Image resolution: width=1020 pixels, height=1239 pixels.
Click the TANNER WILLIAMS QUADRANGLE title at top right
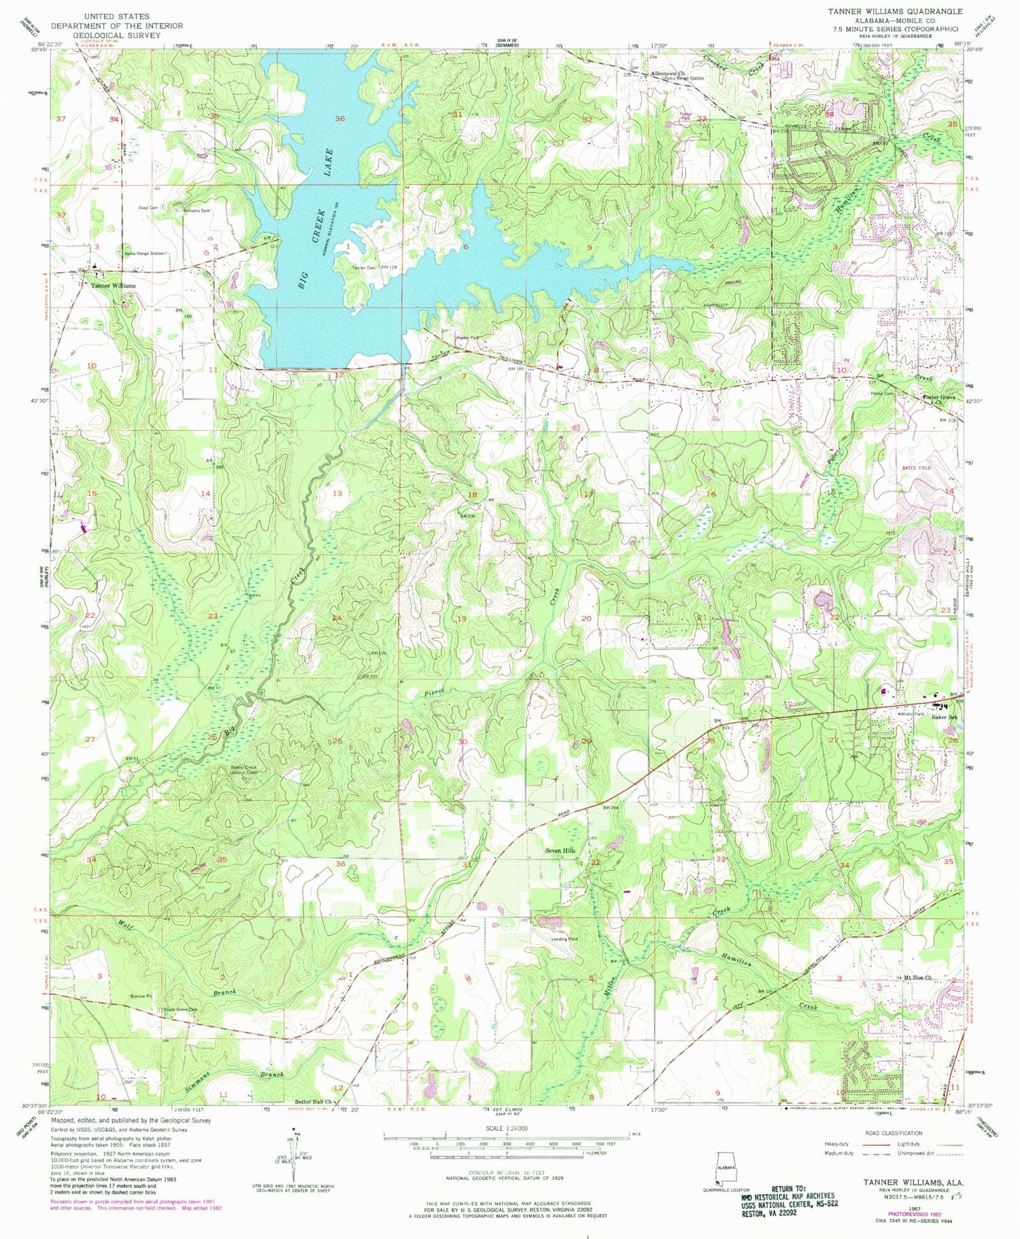tap(894, 12)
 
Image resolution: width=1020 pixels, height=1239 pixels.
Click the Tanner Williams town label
tap(114, 285)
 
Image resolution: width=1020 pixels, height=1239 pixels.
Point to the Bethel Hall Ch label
tap(312, 1102)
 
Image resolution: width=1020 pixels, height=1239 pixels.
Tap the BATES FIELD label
tap(915, 468)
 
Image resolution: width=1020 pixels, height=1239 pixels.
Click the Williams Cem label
tap(196, 211)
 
